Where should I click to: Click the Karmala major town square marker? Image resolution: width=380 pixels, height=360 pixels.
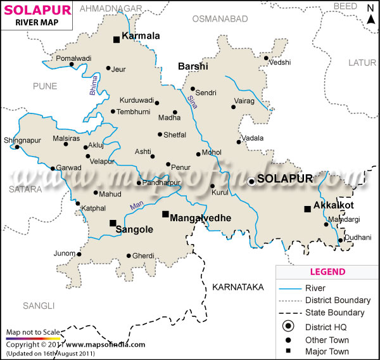(117, 39)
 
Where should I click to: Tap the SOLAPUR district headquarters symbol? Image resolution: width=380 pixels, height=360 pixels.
(251, 181)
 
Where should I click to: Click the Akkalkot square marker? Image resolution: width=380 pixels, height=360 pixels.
(307, 209)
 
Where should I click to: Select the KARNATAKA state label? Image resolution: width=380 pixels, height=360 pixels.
(237, 287)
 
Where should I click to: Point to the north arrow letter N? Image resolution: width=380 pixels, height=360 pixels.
(369, 7)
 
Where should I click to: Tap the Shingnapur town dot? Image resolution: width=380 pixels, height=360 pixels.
(18, 148)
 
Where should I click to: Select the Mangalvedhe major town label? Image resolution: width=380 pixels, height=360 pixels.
(200, 217)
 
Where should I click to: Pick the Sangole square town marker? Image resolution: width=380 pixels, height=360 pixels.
(113, 222)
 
